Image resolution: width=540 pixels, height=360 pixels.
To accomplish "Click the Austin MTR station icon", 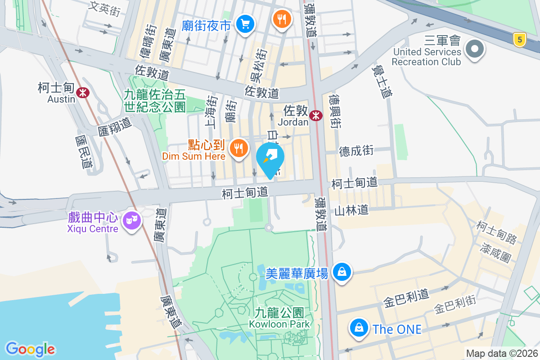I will [82, 93].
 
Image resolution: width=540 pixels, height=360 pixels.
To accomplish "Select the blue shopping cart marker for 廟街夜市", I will [245, 24].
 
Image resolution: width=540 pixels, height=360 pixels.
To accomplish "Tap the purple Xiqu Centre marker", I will [131, 220].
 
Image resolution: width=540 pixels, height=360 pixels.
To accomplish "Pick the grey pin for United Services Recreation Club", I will [474, 49].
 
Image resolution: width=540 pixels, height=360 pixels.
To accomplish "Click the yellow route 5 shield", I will [520, 40].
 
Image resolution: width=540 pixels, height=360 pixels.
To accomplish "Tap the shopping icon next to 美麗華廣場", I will [342, 272].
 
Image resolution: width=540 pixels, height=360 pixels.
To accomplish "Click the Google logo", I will [30, 349].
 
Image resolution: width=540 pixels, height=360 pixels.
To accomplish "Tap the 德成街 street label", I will [356, 151].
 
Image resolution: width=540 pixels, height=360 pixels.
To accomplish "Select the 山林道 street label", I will [351, 210].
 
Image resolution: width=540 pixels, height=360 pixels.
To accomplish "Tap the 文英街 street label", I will [105, 8].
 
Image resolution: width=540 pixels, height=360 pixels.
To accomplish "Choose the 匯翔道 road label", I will [115, 127].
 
